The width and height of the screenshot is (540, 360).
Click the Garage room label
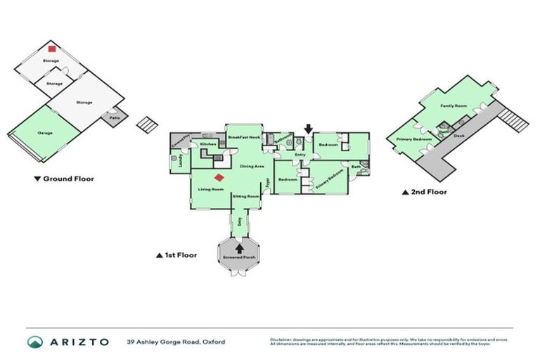(46, 132)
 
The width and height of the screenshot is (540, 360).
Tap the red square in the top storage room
(51, 49)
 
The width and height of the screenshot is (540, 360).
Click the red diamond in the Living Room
(219, 179)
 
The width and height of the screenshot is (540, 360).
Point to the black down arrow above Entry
(307, 129)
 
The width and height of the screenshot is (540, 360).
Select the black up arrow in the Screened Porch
(240, 247)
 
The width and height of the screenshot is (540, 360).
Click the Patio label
(114, 117)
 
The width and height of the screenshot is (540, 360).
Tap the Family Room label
(454, 105)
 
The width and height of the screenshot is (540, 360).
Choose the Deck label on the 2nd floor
(459, 135)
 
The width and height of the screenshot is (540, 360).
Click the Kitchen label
(208, 144)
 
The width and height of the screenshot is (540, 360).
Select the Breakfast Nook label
(245, 137)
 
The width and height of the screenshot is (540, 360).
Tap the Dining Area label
(252, 167)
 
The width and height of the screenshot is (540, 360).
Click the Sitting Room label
(246, 196)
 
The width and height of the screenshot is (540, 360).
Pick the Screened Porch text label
(240, 257)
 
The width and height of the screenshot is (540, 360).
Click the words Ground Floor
(68, 179)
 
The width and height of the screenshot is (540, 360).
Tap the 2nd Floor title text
(428, 191)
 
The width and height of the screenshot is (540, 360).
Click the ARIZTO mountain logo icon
(34, 342)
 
